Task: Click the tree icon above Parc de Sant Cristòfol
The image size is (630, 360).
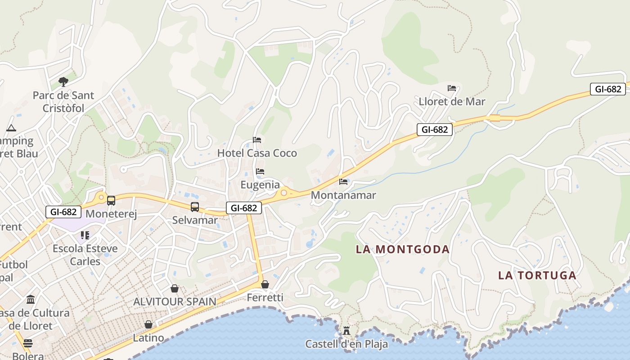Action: tap(63, 81)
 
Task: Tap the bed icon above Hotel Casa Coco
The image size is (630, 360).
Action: tap(257, 139)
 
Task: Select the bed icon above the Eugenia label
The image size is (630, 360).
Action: tap(260, 171)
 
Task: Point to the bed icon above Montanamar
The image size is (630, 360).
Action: tap(343, 182)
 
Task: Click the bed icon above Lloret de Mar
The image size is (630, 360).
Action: tap(452, 88)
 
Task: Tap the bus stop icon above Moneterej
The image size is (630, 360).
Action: tap(111, 200)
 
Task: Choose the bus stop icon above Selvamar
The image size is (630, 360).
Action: tap(195, 207)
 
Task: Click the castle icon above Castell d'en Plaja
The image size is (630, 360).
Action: tap(346, 331)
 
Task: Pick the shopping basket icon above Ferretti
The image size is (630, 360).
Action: tap(265, 284)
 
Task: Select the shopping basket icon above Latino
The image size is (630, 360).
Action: tap(148, 324)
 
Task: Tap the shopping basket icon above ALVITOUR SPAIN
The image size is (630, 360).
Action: tap(175, 288)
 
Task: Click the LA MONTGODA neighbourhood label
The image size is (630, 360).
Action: tap(403, 249)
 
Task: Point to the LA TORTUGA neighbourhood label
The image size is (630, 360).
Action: tap(537, 275)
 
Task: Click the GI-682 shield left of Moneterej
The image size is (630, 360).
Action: tap(63, 211)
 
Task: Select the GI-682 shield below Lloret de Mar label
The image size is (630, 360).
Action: tap(434, 130)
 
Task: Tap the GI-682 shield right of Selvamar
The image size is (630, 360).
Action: tap(244, 207)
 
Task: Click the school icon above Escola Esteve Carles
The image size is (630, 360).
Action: tap(85, 235)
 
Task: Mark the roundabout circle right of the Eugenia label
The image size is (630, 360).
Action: tap(284, 193)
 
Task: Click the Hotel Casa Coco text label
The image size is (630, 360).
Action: tap(257, 153)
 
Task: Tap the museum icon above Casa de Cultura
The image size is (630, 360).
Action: tap(31, 299)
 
